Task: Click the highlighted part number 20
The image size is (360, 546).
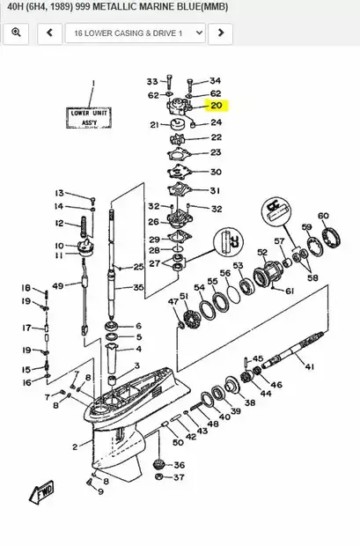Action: pyautogui.click(x=216, y=106)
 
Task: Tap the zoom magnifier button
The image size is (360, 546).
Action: pyautogui.click(x=17, y=33)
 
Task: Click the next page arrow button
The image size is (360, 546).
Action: pyautogui.click(x=220, y=33)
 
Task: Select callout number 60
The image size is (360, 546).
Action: pyautogui.click(x=323, y=215)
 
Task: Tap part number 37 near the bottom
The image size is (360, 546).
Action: pyautogui.click(x=180, y=478)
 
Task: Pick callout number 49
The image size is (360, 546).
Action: pyautogui.click(x=58, y=286)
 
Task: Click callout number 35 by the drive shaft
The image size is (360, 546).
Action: pyautogui.click(x=138, y=287)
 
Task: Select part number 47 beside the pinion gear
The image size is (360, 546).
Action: pyautogui.click(x=173, y=302)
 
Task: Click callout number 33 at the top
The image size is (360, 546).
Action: pyautogui.click(x=151, y=80)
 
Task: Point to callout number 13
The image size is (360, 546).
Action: pyautogui.click(x=60, y=193)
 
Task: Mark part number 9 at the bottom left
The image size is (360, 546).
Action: pyautogui.click(x=100, y=491)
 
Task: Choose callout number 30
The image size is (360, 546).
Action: pyautogui.click(x=216, y=172)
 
